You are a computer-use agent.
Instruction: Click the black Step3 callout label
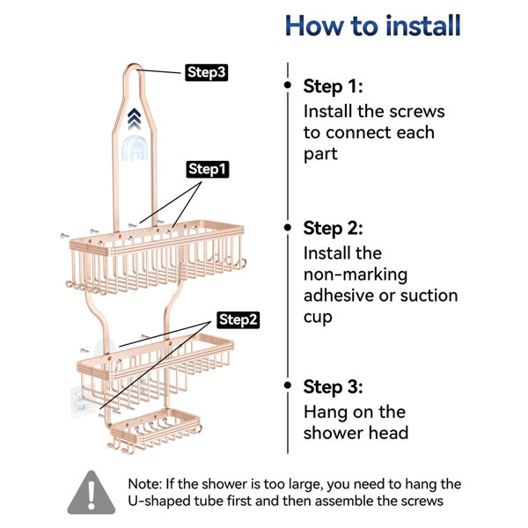point(207,72)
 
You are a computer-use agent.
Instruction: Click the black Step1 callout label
point(208,169)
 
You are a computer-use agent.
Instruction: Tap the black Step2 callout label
point(238,319)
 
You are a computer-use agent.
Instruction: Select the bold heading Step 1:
point(333,86)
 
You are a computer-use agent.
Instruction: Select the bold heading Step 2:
point(333,228)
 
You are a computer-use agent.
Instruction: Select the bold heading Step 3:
point(333,387)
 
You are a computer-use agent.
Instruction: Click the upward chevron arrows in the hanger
point(134,119)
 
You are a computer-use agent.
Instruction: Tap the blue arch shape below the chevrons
point(135,148)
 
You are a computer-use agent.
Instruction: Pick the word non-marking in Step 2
point(356,275)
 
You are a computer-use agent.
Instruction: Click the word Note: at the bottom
point(145,484)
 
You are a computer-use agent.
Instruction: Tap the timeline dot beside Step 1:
point(288,84)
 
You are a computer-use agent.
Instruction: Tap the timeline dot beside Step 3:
point(288,385)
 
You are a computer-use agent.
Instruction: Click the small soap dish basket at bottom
point(155,430)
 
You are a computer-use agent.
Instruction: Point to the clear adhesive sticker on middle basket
point(79,401)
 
